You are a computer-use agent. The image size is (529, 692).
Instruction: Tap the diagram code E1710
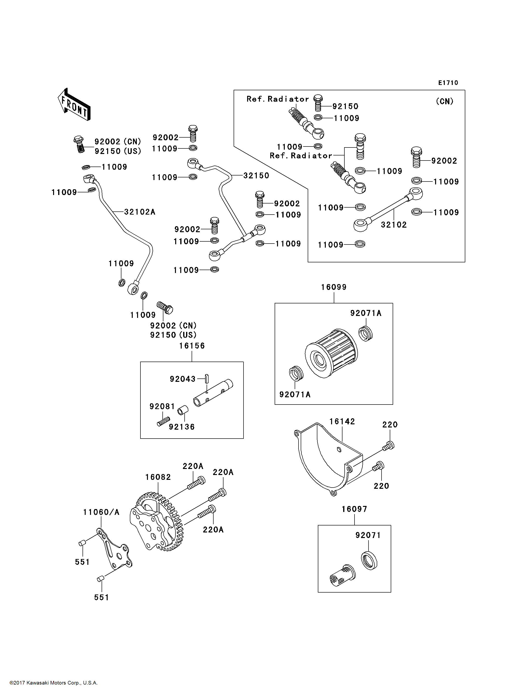pyautogui.click(x=448, y=83)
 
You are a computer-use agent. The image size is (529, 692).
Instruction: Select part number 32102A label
pyautogui.click(x=139, y=212)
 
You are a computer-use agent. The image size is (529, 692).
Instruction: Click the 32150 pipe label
pyautogui.click(x=256, y=176)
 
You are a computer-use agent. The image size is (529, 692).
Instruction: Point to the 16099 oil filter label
pyautogui.click(x=334, y=287)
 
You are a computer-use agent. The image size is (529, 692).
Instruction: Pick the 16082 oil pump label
pyautogui.click(x=158, y=477)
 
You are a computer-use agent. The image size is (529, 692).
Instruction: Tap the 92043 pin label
pyautogui.click(x=183, y=379)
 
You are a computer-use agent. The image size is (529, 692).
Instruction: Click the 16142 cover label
pyautogui.click(x=342, y=422)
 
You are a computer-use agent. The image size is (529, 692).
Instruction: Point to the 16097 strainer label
pyautogui.click(x=354, y=509)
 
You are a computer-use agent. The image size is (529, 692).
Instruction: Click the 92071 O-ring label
pyautogui.click(x=368, y=535)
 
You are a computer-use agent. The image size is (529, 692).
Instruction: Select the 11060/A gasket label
pyautogui.click(x=101, y=512)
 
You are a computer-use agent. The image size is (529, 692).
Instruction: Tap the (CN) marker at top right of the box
pyautogui.click(x=444, y=101)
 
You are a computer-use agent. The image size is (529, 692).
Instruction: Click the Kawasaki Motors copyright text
pyautogui.click(x=54, y=683)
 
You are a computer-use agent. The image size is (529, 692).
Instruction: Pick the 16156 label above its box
pyautogui.click(x=192, y=346)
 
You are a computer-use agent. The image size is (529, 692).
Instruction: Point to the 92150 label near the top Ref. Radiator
pyautogui.click(x=345, y=106)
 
